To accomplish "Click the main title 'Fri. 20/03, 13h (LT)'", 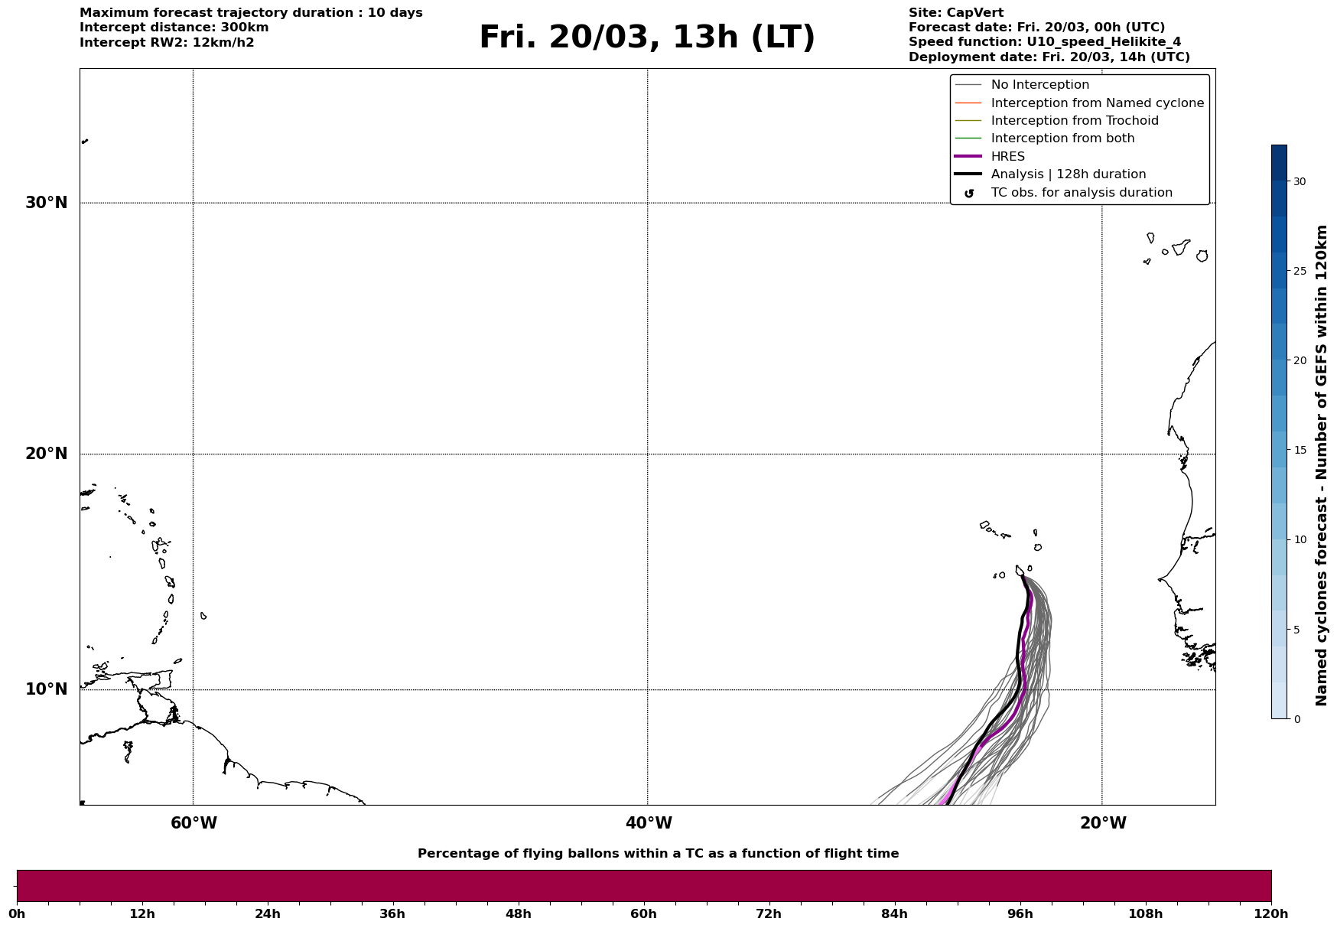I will click(x=647, y=37).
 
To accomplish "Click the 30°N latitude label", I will click(x=47, y=203).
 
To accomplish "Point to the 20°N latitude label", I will click(x=47, y=454).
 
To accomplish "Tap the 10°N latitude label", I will click(x=47, y=689).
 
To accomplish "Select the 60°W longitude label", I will click(x=194, y=823).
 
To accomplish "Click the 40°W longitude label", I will click(x=649, y=823).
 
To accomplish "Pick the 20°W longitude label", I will click(x=1103, y=823).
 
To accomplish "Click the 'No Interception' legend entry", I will click(x=1039, y=85).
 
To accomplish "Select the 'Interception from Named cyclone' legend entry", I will click(x=1097, y=103).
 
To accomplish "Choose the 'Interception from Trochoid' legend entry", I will click(x=1074, y=121).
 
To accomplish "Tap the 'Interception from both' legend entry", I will click(x=1062, y=138).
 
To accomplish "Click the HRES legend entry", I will click(x=1007, y=157).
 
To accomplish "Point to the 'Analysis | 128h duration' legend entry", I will click(x=1068, y=174).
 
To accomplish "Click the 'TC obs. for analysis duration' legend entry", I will click(x=1081, y=193).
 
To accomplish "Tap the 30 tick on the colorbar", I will click(x=1300, y=181).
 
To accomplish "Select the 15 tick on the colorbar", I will click(x=1300, y=450).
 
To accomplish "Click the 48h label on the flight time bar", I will click(x=518, y=914).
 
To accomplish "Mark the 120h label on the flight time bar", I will click(x=1270, y=914).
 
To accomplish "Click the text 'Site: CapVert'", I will click(x=955, y=13).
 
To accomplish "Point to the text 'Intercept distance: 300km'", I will click(x=174, y=28).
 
